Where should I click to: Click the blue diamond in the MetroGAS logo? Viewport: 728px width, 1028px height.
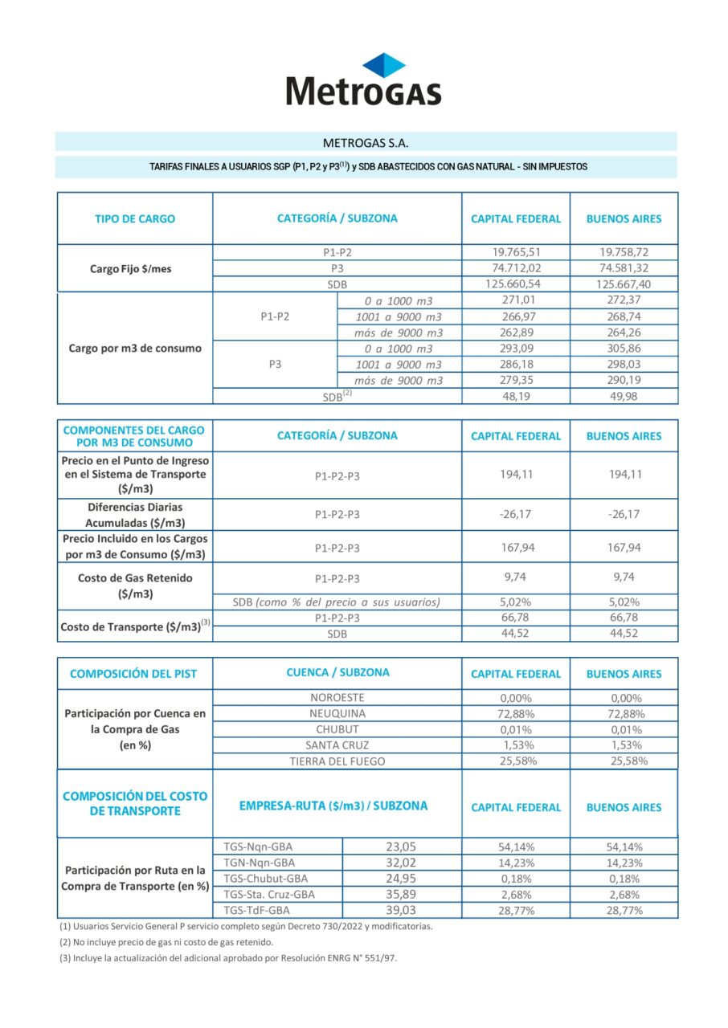383,64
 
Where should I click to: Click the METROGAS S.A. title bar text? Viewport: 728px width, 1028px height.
366,143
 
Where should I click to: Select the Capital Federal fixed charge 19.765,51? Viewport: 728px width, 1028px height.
515,252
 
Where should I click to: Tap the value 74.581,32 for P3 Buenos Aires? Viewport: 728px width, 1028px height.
624,268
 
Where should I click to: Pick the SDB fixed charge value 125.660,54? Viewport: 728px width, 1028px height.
515,284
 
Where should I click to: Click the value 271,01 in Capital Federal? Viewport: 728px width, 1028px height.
515,300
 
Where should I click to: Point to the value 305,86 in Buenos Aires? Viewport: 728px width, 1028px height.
624,349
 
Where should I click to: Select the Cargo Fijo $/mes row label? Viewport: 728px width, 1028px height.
130,269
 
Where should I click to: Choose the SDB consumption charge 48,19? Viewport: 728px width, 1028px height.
515,396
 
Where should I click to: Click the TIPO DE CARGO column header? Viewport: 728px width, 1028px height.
134,218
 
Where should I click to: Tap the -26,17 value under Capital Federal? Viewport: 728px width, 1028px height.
515,514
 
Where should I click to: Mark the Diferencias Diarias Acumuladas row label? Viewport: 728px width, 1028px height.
135,515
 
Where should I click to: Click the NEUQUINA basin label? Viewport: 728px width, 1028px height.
337,713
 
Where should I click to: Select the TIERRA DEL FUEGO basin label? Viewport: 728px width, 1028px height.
337,761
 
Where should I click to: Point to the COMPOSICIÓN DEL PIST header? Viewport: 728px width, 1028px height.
133,674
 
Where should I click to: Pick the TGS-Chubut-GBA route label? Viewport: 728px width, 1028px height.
266,879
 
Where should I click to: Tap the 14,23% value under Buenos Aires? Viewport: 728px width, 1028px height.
624,863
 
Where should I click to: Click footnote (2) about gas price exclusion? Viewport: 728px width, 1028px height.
166,942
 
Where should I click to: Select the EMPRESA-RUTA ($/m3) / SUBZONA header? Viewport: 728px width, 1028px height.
333,806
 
